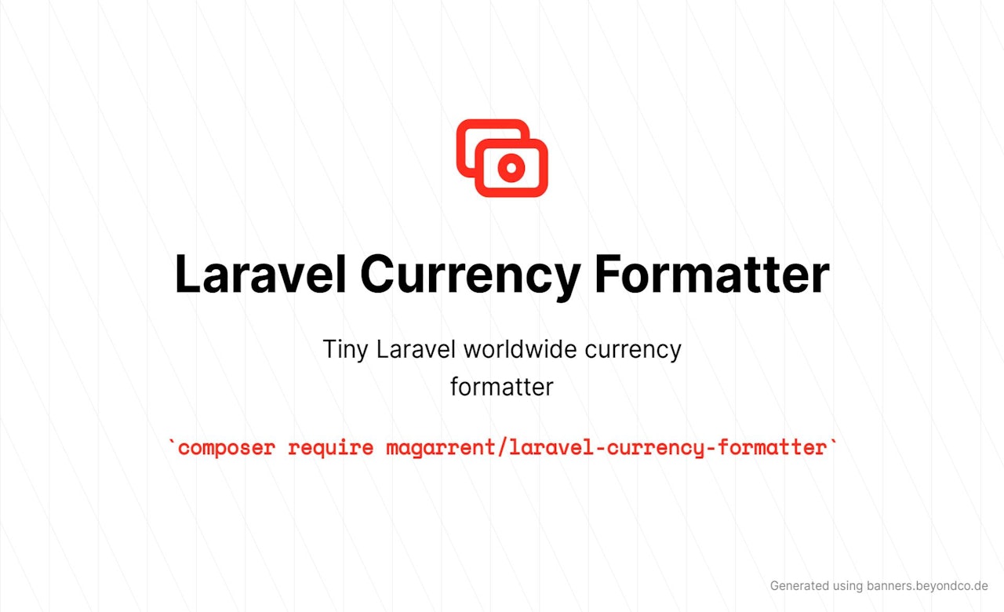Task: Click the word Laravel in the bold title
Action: pos(260,274)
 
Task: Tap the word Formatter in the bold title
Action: pos(711,274)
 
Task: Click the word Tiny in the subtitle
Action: pos(345,350)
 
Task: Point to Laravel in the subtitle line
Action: pos(416,349)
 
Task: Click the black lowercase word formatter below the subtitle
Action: pos(502,387)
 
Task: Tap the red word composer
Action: pos(227,448)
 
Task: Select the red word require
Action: pos(331,448)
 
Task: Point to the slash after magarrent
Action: pos(503,447)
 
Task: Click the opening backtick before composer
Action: pos(172,443)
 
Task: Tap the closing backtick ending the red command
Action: pos(833,443)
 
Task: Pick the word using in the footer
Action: pos(848,586)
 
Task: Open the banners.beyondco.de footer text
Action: pos(927,586)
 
